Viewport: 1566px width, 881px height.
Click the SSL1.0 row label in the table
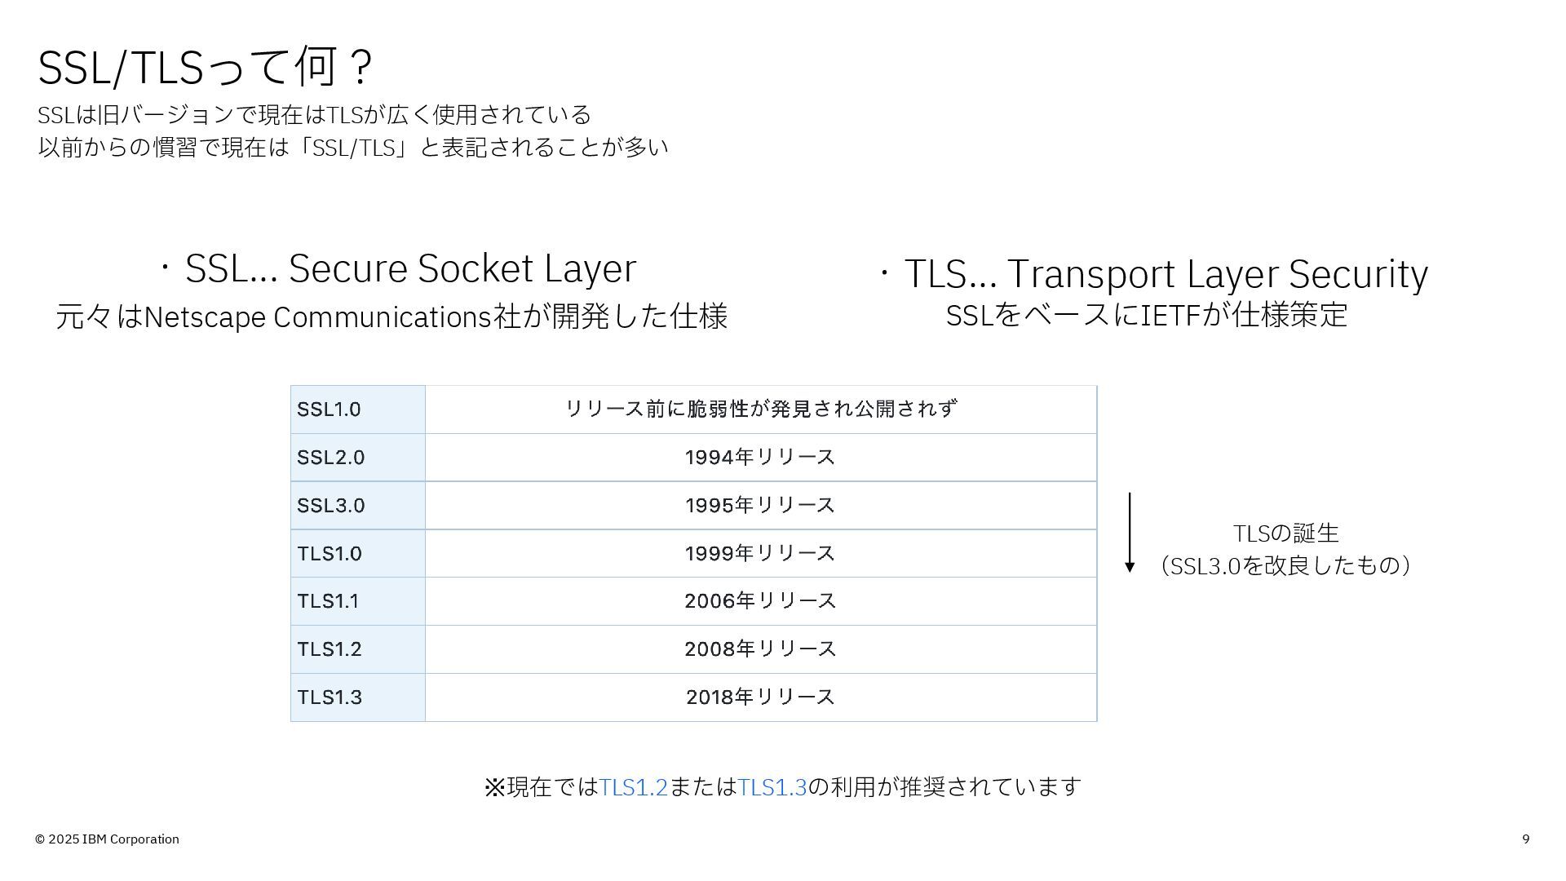tap(329, 410)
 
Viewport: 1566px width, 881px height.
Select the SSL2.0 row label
tap(330, 458)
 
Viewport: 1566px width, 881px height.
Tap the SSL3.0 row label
tap(330, 506)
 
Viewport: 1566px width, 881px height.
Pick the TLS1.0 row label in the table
tap(330, 554)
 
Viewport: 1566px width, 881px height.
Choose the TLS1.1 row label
tap(328, 601)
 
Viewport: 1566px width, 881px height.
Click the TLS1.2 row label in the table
tap(330, 649)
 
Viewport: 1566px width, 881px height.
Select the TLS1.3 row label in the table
tap(330, 697)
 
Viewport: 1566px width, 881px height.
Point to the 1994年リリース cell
tap(760, 458)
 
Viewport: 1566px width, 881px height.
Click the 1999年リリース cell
tap(760, 554)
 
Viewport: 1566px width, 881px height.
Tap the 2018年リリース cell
tap(760, 697)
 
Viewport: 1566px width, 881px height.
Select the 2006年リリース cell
tap(760, 601)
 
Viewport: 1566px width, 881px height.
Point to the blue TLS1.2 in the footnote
tap(634, 787)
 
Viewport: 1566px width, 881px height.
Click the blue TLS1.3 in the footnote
tap(772, 787)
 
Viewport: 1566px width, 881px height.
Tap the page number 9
tap(1526, 839)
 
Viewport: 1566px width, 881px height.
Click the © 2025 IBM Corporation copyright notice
tap(107, 839)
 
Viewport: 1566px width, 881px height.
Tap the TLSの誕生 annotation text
tap(1286, 533)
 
